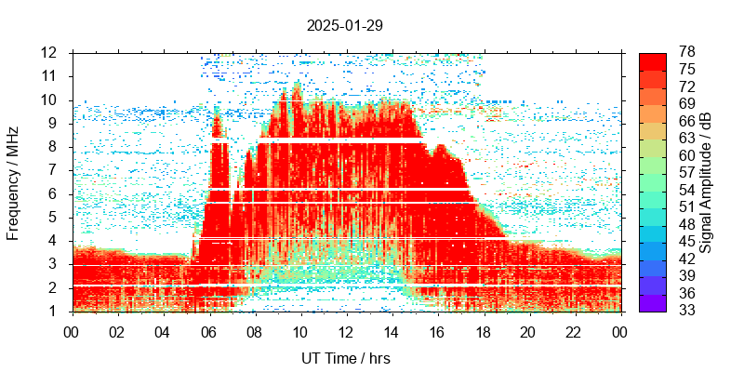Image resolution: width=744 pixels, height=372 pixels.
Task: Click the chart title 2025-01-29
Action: point(344,25)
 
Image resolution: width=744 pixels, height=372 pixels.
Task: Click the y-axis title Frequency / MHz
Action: point(14,181)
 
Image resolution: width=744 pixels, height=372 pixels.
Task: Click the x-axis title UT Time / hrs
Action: point(344,358)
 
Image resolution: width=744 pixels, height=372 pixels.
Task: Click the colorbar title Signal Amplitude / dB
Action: point(707,181)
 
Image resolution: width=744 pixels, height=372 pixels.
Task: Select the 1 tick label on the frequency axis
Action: point(53,312)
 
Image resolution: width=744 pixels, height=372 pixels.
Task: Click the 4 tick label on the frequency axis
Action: point(53,241)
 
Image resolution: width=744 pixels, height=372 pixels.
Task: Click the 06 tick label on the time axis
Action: point(208,330)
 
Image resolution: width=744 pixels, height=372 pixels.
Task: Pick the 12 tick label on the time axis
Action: point(345,330)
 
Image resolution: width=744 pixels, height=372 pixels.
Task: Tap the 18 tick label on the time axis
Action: point(483,330)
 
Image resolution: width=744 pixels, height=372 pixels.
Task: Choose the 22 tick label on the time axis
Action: point(574,330)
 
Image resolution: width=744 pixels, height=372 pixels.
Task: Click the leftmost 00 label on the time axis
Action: point(72,330)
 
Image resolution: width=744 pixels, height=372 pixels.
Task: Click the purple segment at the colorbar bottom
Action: point(653,303)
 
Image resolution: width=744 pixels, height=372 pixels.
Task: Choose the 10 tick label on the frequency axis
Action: point(48,100)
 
